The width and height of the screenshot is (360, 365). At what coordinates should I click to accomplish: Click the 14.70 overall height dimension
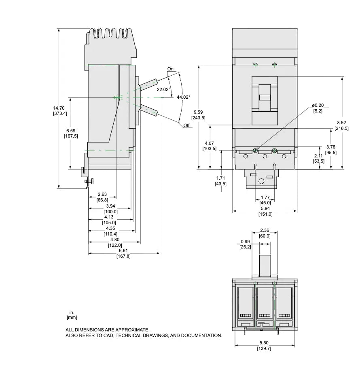click(59, 108)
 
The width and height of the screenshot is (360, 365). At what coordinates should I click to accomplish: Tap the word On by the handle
click(170, 69)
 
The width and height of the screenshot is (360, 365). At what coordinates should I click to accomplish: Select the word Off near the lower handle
click(186, 125)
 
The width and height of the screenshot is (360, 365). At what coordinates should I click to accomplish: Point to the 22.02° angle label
click(163, 89)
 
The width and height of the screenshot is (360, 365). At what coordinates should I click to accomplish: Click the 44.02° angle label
click(183, 97)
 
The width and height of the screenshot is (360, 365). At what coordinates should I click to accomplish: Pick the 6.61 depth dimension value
click(123, 250)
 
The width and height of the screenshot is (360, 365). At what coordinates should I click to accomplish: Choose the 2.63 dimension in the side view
click(102, 194)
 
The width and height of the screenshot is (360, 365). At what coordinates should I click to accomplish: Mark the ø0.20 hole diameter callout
click(318, 106)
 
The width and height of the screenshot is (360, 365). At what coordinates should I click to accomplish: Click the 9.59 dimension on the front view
click(198, 112)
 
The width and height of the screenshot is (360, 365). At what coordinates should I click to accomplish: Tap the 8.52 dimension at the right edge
click(341, 123)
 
